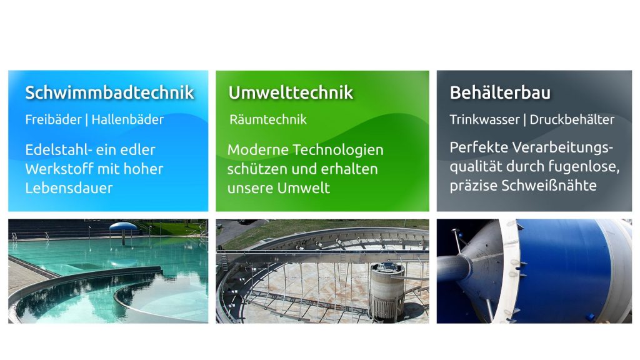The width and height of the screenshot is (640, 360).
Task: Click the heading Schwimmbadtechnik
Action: click(109, 92)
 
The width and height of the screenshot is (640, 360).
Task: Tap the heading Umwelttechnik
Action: click(291, 92)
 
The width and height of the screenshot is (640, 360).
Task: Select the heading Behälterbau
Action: click(500, 92)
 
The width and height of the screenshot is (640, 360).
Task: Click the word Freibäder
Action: click(54, 119)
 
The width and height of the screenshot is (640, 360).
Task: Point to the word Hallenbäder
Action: click(127, 119)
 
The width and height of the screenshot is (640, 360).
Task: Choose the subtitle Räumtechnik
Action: click(267, 119)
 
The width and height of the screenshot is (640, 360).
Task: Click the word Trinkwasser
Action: click(484, 119)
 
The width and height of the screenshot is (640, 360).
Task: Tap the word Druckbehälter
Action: click(572, 119)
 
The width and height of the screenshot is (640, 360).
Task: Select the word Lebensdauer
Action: click(69, 188)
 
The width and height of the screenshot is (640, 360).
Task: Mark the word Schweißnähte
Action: click(549, 186)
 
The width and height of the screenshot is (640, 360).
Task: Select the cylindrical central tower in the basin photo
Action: click(386, 291)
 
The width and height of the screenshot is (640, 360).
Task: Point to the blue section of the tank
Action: click(564, 271)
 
